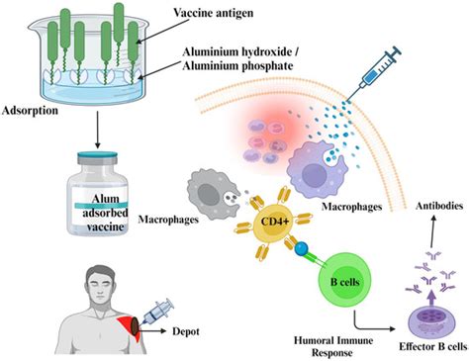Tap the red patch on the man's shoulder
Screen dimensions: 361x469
coord(131,325)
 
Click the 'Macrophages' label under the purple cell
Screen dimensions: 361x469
coord(351,209)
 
